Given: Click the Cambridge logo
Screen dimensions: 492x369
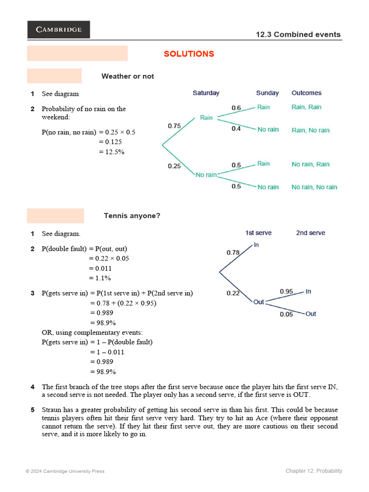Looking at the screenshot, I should tap(59, 29).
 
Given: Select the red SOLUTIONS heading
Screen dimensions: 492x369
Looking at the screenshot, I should tap(189, 54).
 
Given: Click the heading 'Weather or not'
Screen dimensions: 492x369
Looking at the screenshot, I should tap(128, 76).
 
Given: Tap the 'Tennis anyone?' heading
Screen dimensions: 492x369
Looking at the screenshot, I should tap(132, 216).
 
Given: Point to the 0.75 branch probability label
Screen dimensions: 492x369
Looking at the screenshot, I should tap(174, 126).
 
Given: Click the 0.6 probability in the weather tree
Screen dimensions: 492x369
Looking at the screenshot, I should tap(236, 108).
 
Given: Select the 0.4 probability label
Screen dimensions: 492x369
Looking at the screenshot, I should tap(236, 129).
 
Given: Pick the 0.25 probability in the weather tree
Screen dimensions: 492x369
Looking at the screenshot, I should tap(174, 166).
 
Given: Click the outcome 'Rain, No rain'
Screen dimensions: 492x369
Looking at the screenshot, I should tap(310, 130).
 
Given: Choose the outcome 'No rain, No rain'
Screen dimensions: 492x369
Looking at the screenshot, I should tap(314, 187).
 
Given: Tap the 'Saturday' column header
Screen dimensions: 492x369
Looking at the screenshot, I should tap(206, 93).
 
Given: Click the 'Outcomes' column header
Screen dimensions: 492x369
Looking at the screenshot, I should tap(307, 93).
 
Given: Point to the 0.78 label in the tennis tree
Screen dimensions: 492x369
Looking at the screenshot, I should tap(233, 252).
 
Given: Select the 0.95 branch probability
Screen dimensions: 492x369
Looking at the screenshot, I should tap(286, 291).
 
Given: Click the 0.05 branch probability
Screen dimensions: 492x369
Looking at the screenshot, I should tap(286, 314).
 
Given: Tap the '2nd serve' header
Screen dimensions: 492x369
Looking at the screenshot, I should tap(310, 233).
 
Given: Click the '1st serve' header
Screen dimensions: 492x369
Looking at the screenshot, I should tap(258, 233).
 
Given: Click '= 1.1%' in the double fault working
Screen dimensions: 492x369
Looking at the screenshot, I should tap(100, 278).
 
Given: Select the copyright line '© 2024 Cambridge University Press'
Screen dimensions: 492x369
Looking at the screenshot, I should tap(65, 471).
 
